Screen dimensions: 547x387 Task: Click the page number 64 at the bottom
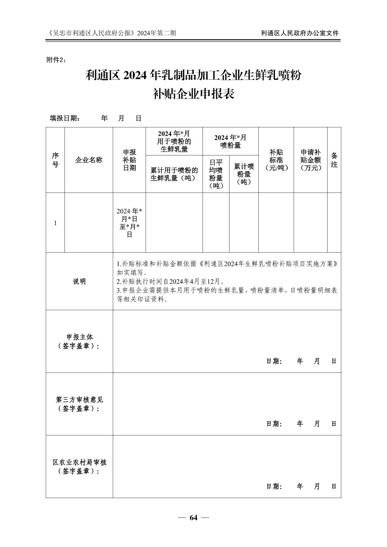pos(193,518)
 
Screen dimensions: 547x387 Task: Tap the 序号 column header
pos(55,160)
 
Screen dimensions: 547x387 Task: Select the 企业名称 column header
pos(89,160)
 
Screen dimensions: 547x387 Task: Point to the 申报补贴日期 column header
pos(129,160)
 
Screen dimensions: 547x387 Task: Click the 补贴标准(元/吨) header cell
pos(276,160)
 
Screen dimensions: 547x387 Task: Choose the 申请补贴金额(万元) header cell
pos(310,160)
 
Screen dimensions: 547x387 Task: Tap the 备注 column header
pos(334,160)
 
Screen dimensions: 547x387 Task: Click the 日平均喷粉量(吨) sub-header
pos(216,174)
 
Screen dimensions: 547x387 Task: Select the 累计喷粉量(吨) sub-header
pos(244,174)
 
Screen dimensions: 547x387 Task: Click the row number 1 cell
pos(55,223)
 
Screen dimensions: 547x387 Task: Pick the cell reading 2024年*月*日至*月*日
pos(129,222)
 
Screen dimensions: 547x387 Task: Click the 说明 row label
pos(79,281)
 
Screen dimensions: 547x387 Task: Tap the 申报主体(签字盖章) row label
pos(79,342)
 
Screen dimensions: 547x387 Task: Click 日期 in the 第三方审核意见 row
pos(273,424)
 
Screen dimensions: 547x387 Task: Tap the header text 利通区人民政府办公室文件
pos(300,33)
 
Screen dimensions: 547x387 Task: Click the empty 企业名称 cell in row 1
pos(89,222)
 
